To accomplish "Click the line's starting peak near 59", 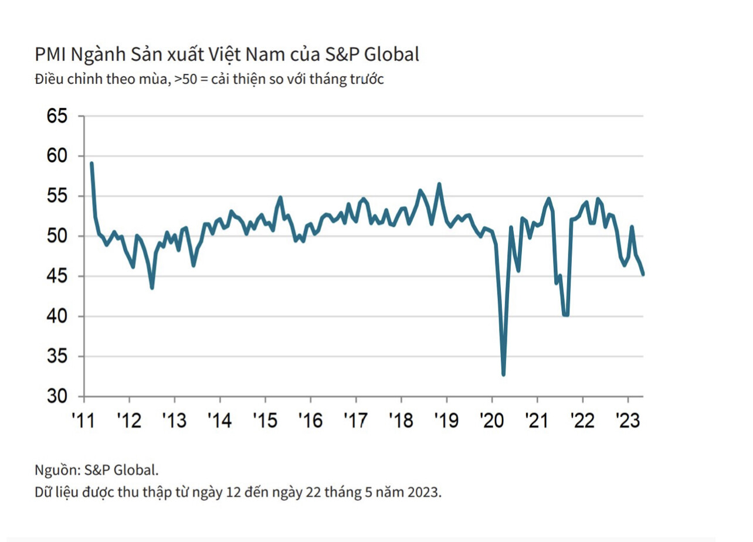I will click(91, 163).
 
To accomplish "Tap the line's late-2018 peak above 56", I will click(439, 184).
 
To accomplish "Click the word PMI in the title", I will click(50, 55).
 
